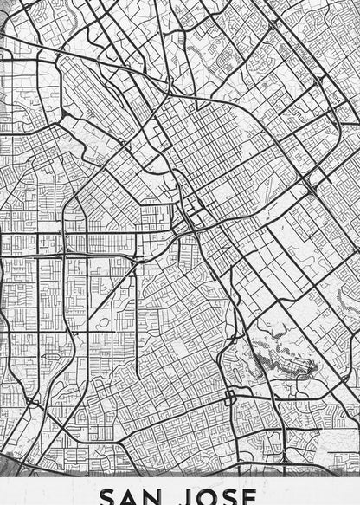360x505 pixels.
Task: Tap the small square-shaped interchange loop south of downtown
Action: click(230, 398)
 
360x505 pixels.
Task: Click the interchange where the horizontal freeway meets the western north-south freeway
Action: click(66, 256)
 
